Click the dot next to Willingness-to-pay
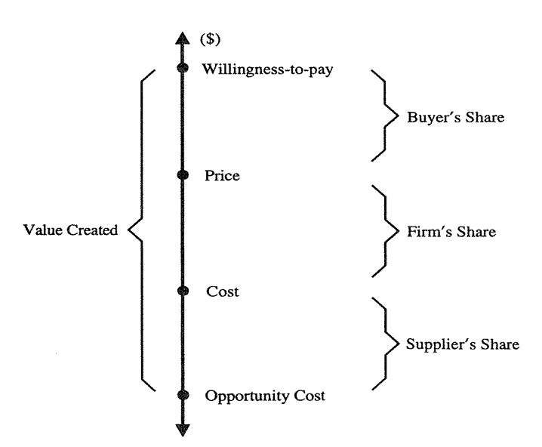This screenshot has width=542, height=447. click(181, 69)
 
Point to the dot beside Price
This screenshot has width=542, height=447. click(181, 175)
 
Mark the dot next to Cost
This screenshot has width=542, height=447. click(181, 291)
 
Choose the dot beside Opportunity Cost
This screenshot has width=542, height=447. click(181, 395)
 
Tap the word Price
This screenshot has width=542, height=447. click(221, 176)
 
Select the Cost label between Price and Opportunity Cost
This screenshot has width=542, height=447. click(222, 291)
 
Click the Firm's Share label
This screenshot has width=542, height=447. click(451, 232)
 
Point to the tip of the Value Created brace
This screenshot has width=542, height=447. click(128, 230)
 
